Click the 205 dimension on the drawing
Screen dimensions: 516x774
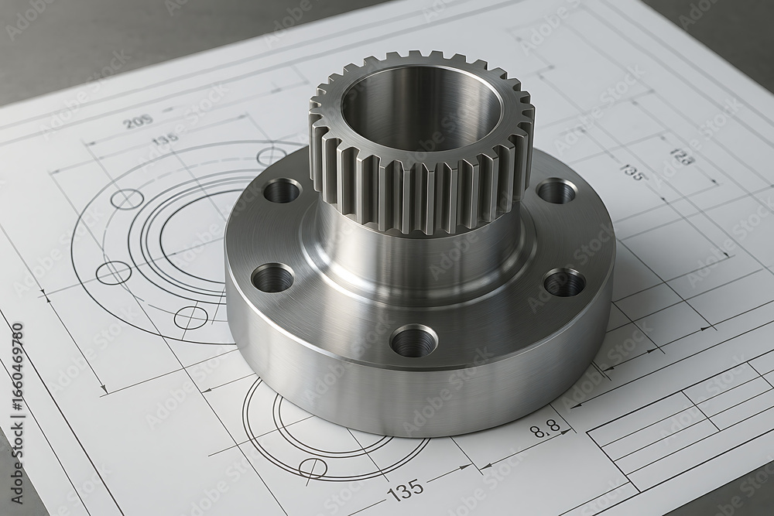coord(138,121)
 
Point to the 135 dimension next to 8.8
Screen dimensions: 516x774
coord(405,489)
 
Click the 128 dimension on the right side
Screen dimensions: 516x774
coord(681,157)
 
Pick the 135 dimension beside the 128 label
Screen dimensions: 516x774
coord(632,173)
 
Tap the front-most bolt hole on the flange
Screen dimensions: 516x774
coord(413,341)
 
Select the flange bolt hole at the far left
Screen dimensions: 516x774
coord(272,278)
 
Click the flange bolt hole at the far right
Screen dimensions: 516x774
coord(564,283)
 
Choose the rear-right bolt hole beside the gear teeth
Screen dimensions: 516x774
coord(557,190)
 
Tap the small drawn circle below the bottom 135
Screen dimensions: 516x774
coord(313,466)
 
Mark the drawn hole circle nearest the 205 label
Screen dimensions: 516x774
coord(126,199)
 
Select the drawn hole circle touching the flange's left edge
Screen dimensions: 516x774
coord(190,317)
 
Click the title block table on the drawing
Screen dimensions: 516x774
coord(681,433)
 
